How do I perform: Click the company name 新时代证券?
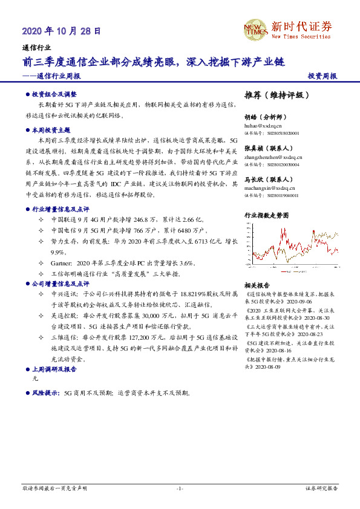[x=301, y=27]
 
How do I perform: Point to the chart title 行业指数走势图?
[x=267, y=215]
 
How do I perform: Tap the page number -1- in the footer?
[x=180, y=488]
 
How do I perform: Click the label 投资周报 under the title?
[x=322, y=77]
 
